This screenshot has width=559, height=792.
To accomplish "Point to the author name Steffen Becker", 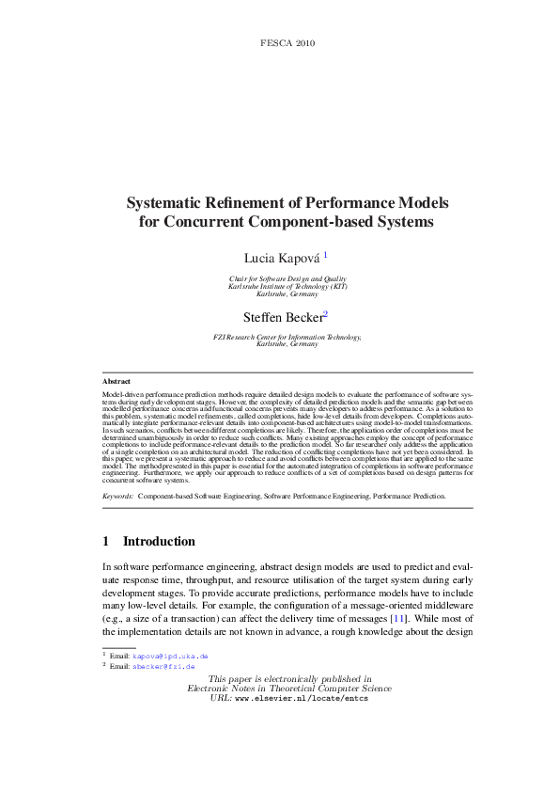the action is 282,318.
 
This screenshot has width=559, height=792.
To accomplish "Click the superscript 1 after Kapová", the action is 325,253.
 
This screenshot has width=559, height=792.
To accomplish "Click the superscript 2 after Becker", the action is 325,314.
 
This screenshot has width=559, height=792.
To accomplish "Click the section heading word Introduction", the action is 160,542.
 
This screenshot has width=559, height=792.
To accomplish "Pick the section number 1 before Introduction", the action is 106,542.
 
